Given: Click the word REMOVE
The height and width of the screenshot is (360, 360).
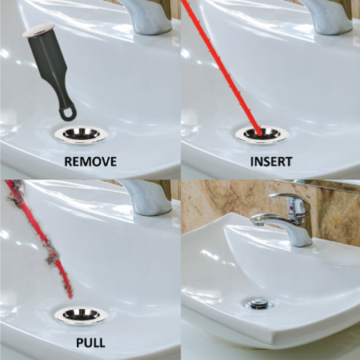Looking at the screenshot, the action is click(x=90, y=162).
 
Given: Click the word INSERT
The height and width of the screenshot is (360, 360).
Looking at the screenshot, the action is click(x=271, y=162).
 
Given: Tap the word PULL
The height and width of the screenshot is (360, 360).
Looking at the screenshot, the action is click(x=90, y=342).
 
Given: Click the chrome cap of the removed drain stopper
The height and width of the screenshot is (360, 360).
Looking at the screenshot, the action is click(x=38, y=30).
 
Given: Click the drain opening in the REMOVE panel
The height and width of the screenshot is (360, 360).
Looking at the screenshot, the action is click(x=81, y=134).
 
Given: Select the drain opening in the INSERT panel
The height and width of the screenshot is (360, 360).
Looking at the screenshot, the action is click(x=262, y=134).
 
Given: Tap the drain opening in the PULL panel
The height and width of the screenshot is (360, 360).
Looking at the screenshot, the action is click(x=81, y=314).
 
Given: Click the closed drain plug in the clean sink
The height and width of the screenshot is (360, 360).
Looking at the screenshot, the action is click(x=259, y=303).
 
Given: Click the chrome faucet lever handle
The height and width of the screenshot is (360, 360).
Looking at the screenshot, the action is click(x=290, y=198).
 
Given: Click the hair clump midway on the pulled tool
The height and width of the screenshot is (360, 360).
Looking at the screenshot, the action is click(x=52, y=254).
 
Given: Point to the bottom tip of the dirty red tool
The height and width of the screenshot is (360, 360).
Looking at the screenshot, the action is click(x=70, y=298).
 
